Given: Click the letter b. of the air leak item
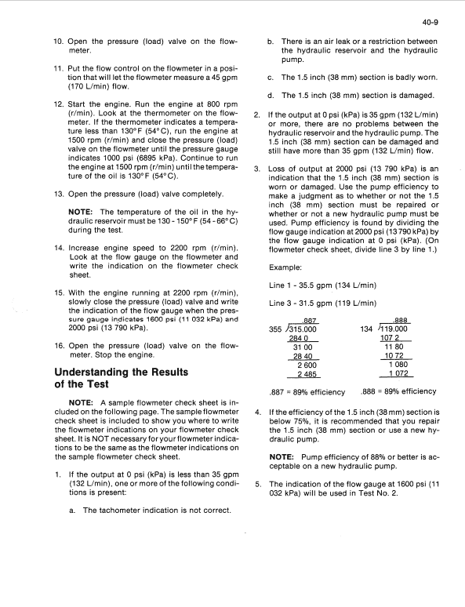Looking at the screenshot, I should click(x=271, y=41).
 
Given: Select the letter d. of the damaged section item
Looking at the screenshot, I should click(x=271, y=96).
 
